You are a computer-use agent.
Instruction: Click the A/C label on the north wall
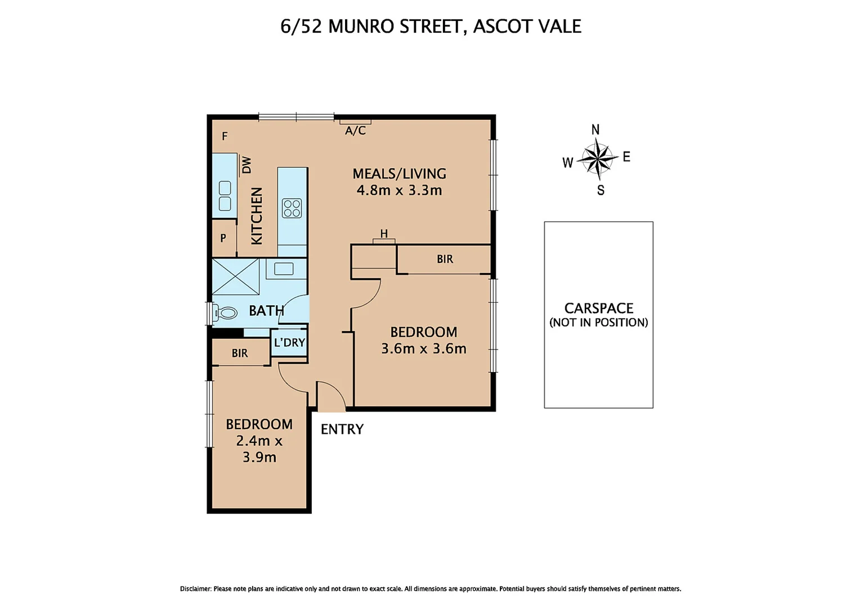click(x=355, y=131)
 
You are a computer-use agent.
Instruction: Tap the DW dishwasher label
click(x=247, y=164)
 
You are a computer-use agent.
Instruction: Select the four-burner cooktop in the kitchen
click(x=292, y=208)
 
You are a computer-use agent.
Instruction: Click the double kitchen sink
click(x=225, y=195)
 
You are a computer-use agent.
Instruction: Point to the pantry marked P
click(x=223, y=238)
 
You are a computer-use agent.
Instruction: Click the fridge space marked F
click(x=225, y=136)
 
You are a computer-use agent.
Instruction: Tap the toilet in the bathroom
click(x=226, y=312)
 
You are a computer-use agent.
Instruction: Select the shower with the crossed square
click(x=235, y=276)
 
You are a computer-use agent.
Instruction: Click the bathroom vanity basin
click(x=284, y=269)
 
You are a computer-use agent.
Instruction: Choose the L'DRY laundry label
click(x=289, y=342)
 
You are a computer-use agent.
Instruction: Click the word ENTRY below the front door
click(x=342, y=429)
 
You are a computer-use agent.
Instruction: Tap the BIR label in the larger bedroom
click(x=445, y=259)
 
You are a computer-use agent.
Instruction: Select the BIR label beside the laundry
click(x=240, y=353)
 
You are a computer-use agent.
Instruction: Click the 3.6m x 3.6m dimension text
click(x=423, y=348)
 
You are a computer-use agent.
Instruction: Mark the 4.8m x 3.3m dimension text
click(x=399, y=190)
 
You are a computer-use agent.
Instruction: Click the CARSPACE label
click(x=598, y=308)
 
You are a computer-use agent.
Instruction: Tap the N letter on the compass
click(x=595, y=130)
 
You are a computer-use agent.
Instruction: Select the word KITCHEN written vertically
click(x=257, y=216)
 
